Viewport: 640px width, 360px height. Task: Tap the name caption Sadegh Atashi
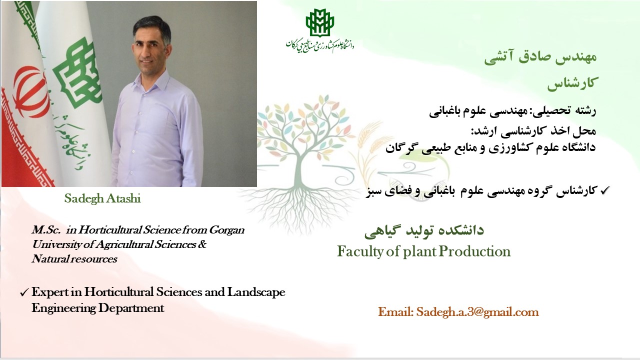tap(102, 198)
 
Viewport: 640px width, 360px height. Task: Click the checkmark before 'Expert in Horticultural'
tap(24, 293)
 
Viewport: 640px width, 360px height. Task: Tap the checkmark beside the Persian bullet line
tap(605, 190)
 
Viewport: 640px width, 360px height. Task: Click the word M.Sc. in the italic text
tap(46, 230)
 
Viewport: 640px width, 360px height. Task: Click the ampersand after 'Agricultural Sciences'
tap(202, 244)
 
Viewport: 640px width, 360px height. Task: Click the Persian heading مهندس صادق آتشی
tap(540, 56)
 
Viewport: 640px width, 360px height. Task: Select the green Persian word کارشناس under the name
tap(571, 83)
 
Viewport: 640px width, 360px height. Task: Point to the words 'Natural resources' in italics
tap(74, 259)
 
